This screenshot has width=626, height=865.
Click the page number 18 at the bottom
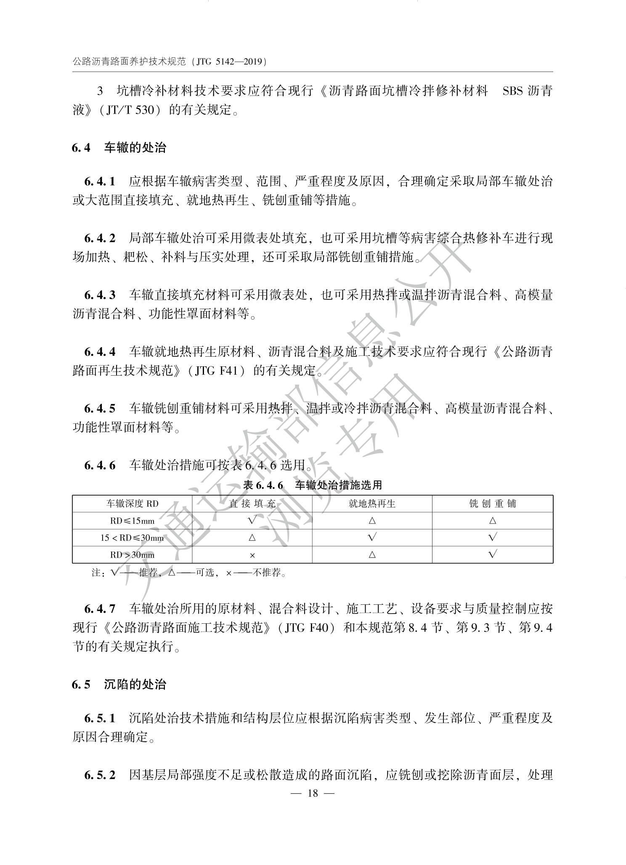click(313, 793)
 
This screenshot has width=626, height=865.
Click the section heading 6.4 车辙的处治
click(119, 148)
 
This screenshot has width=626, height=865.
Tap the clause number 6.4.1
click(100, 182)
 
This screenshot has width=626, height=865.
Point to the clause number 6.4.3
click(100, 295)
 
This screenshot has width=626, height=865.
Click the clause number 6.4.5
click(100, 408)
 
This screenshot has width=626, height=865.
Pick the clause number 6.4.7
click(100, 609)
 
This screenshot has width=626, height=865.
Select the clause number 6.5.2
click(100, 775)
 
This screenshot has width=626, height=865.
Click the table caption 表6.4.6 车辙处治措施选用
click(313, 485)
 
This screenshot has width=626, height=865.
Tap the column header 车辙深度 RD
click(132, 504)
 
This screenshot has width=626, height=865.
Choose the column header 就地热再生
click(372, 504)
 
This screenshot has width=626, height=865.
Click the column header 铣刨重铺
click(493, 504)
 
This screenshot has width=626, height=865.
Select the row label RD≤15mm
click(132, 521)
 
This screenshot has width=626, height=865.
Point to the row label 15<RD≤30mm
click(132, 538)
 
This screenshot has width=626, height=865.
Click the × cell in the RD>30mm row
click(252, 555)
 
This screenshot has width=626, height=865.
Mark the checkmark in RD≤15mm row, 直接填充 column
click(252, 520)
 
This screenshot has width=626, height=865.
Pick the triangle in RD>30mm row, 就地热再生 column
click(372, 555)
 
